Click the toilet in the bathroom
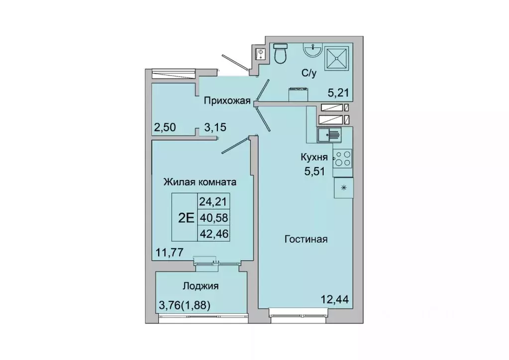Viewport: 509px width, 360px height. coord(281,54)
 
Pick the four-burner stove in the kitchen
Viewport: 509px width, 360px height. coord(342,158)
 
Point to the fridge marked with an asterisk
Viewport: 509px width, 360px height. coord(343,187)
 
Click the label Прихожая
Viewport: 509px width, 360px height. coord(226,101)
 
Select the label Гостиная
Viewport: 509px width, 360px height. coord(305,239)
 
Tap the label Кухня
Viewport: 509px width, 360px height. coord(314,158)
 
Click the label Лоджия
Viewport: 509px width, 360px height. coord(201,286)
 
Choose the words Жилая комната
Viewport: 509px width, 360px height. coord(200,182)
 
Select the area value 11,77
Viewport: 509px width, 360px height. coord(168,252)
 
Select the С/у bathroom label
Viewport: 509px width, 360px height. coord(308,73)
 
